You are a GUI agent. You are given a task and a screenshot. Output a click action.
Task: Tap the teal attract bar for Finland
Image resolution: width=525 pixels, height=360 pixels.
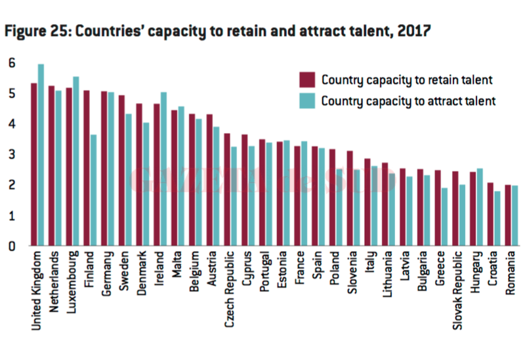[94, 190]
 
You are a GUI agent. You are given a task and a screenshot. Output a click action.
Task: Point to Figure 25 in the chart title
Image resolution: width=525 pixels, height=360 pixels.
[37, 30]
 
